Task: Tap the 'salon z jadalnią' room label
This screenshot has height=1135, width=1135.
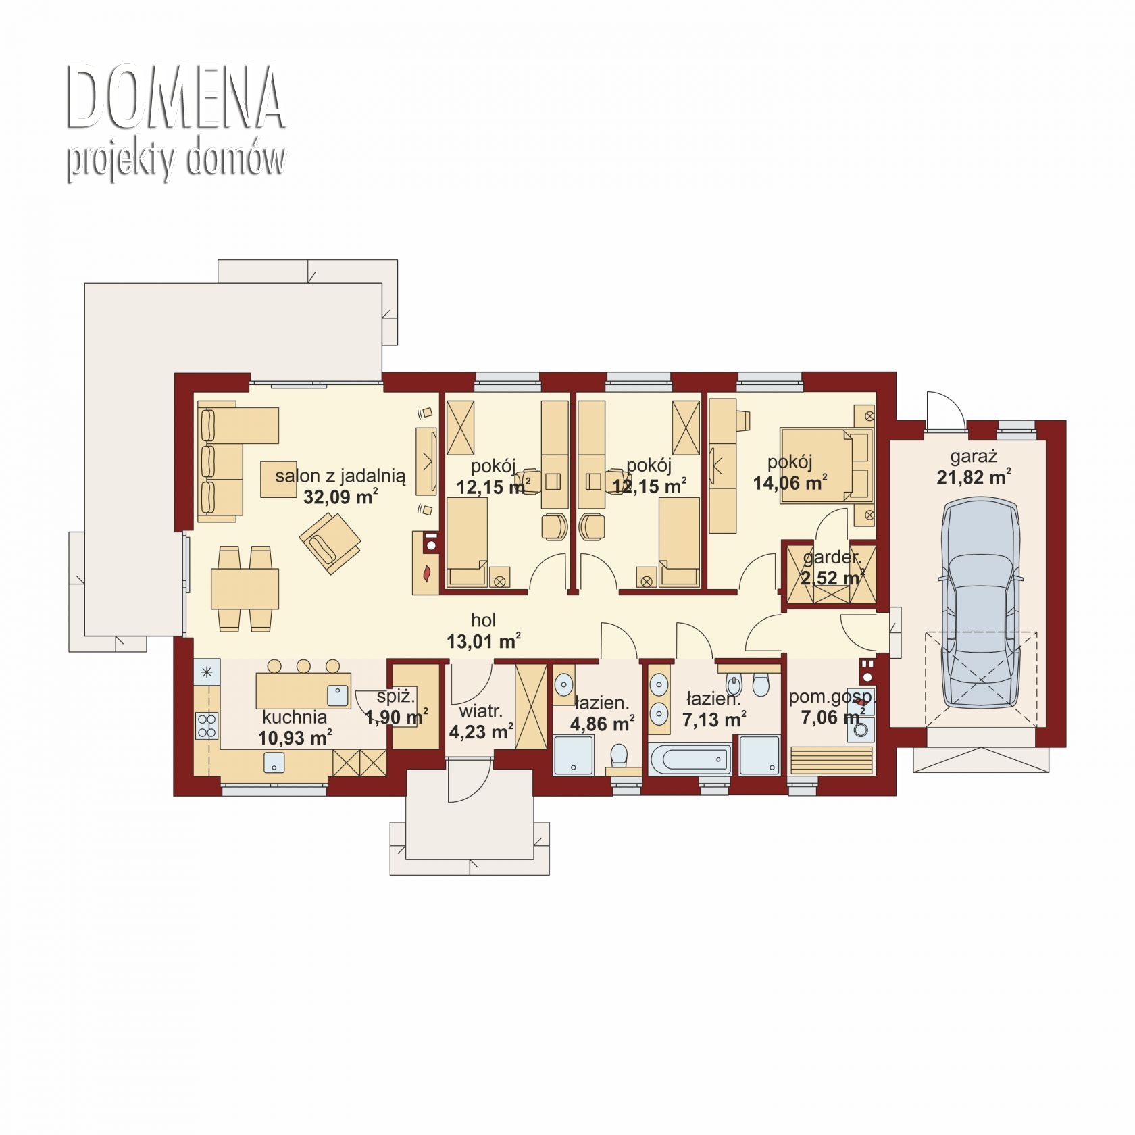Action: click(x=340, y=477)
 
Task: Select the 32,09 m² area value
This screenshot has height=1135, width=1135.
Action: click(x=340, y=497)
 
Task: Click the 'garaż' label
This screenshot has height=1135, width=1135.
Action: click(x=974, y=457)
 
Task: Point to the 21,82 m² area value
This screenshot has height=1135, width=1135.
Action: click(x=974, y=477)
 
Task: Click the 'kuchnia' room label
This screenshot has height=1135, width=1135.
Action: click(x=295, y=717)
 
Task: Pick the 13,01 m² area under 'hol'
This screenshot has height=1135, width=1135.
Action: click(x=484, y=640)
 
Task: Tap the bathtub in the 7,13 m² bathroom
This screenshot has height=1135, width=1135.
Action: click(x=690, y=759)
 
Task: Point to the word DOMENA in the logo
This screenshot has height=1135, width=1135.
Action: click(x=175, y=97)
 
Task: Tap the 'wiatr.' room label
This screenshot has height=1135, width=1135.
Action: click(x=480, y=711)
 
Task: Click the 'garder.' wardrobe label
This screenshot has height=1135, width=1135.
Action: click(x=832, y=558)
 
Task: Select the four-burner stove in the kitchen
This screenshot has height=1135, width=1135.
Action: click(x=207, y=725)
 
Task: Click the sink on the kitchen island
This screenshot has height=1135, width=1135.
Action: click(x=337, y=696)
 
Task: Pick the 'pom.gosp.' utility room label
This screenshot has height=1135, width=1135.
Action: click(x=832, y=697)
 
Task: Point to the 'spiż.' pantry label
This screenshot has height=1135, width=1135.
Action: click(x=396, y=697)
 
